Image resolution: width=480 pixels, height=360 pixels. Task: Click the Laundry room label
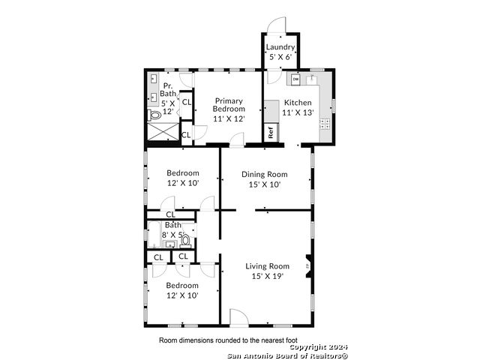[x=280, y=46]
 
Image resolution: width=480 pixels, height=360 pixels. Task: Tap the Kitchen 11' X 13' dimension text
[x=298, y=112]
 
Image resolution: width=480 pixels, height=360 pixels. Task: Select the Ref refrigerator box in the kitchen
[x=271, y=133]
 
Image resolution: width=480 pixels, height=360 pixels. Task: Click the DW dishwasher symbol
[x=295, y=79]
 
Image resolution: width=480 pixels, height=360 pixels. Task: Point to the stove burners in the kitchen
[x=325, y=124]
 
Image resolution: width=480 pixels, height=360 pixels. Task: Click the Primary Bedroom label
[x=229, y=105]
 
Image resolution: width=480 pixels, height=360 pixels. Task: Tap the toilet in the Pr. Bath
[x=154, y=115]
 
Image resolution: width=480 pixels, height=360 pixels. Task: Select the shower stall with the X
[x=163, y=132]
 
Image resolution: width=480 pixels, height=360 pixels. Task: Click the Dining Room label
[x=265, y=174]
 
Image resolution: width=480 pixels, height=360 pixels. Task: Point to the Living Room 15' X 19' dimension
[x=268, y=276]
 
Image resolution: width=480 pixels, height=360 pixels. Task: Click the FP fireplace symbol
[x=308, y=266]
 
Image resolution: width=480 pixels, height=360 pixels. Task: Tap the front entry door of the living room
[x=238, y=318]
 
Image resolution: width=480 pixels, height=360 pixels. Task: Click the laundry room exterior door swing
[x=277, y=25]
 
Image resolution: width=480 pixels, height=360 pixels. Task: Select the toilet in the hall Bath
[x=185, y=241]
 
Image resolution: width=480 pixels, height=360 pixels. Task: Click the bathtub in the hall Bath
[x=154, y=235]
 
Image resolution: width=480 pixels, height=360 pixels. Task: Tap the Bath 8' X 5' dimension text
[x=173, y=235]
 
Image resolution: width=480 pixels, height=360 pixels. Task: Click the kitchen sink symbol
[x=311, y=79]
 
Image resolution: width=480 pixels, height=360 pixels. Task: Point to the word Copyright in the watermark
[x=308, y=347]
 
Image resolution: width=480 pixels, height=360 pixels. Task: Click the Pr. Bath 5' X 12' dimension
[x=168, y=107]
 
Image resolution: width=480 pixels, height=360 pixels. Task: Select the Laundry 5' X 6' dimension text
[x=280, y=57]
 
